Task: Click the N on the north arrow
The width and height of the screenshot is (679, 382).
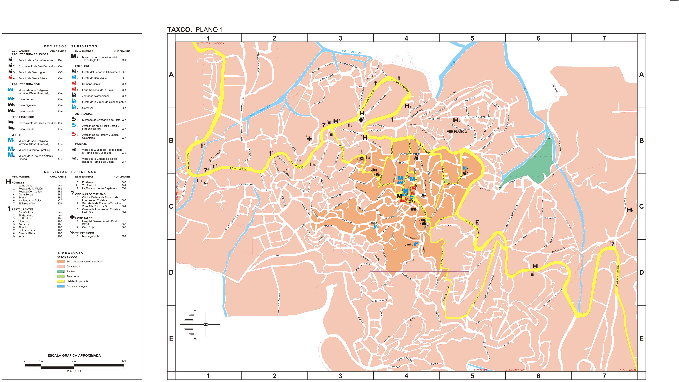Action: (x=206, y=324)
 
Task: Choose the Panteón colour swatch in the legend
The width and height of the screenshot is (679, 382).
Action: (x=60, y=271)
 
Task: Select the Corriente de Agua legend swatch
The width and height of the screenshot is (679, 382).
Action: (x=60, y=286)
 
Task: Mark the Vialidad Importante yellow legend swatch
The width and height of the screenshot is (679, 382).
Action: (x=60, y=281)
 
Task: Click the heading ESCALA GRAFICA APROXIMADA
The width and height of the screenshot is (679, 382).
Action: (x=74, y=355)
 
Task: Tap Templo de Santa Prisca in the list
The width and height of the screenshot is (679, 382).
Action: (x=33, y=78)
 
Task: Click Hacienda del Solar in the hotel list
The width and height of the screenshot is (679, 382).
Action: (x=30, y=200)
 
